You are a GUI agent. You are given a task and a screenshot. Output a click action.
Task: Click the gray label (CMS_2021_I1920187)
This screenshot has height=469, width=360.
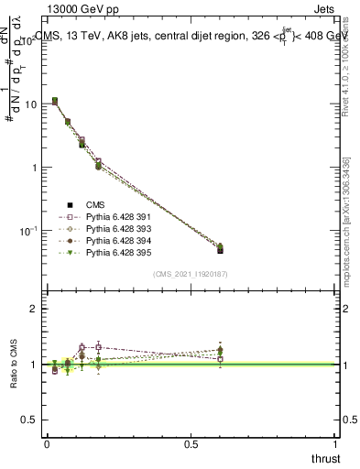(x=190, y=274)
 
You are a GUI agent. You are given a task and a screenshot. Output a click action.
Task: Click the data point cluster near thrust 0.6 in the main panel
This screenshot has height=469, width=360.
(x=220, y=248)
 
